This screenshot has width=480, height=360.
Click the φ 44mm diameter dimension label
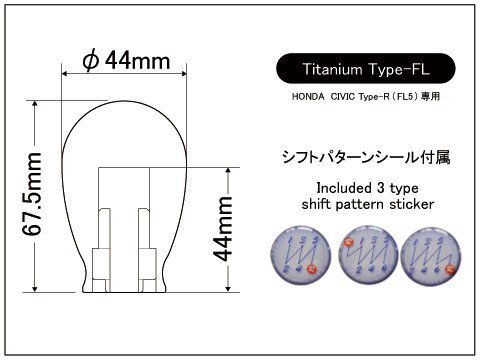tap(126, 61)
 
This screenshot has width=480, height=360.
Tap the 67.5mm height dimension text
tap(32, 195)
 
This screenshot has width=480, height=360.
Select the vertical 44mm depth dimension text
tap(223, 229)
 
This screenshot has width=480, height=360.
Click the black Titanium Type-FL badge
tap(366, 69)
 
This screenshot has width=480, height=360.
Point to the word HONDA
tap(308, 97)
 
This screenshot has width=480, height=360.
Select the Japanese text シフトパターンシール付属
tap(366, 157)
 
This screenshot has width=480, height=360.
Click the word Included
tap(344, 188)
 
